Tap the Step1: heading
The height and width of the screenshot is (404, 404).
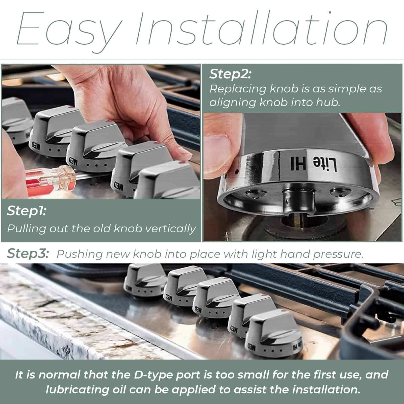[27, 211]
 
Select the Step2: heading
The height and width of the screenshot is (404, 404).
[230, 74]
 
